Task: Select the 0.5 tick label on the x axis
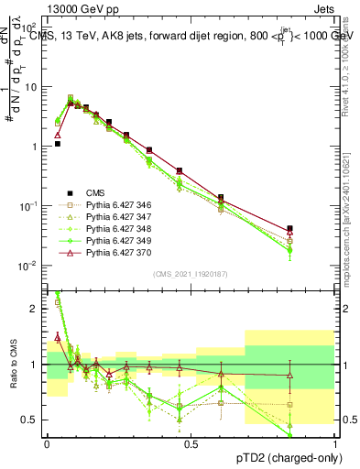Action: click(191, 442)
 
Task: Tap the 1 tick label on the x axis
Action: click(334, 442)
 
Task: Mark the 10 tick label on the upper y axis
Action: click(30, 87)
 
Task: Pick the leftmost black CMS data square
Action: click(57, 144)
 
